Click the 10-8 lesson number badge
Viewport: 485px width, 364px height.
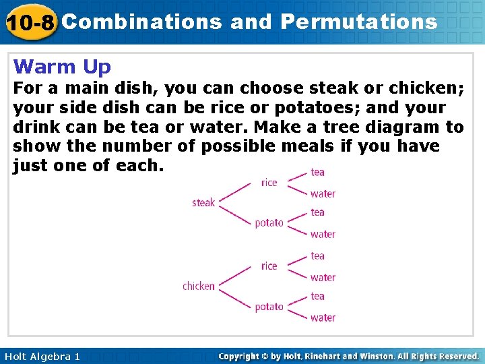[x=30, y=22]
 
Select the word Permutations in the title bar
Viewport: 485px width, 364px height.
[x=358, y=22]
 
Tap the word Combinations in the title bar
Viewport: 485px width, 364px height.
[x=141, y=22]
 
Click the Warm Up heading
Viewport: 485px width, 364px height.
[x=62, y=67]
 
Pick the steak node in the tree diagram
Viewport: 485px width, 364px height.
[x=203, y=202]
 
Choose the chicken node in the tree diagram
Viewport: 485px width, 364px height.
[x=198, y=286]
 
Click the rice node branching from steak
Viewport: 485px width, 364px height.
[x=269, y=182]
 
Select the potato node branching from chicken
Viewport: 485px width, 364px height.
[x=269, y=307]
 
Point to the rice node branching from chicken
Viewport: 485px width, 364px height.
[x=269, y=266]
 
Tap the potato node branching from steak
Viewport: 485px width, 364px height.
[x=269, y=223]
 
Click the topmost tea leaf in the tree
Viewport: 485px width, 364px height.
[x=317, y=172]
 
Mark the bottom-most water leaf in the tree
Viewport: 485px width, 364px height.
[x=323, y=317]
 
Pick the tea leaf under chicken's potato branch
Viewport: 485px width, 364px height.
[x=317, y=296]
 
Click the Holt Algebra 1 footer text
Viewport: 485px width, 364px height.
[x=41, y=356]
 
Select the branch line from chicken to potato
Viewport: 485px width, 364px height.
[x=236, y=297]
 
